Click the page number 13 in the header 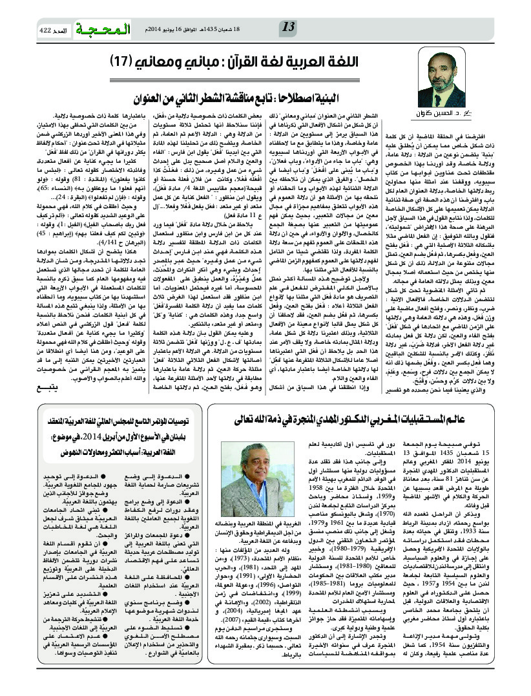289,26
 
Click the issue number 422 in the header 45,30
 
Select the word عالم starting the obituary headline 488,438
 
